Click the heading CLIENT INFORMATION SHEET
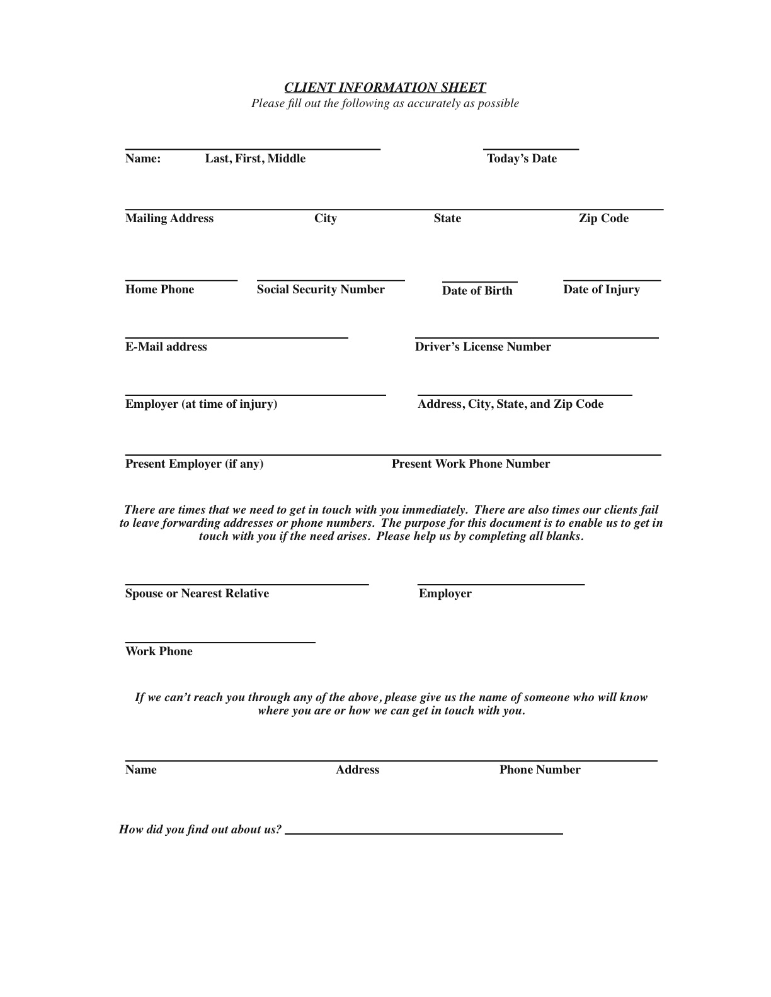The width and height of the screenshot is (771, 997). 385,87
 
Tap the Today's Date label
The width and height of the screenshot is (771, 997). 522,159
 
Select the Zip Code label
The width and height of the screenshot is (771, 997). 603,218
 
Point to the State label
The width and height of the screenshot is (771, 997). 447,218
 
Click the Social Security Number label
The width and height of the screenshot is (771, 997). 321,290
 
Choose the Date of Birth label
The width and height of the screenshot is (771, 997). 477,291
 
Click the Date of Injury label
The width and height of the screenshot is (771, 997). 601,290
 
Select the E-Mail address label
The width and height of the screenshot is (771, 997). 166,347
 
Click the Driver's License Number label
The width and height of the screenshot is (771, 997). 483,347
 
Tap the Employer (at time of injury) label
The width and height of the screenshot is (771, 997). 201,404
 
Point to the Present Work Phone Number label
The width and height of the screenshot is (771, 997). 471,464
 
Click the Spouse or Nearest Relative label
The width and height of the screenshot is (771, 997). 197,594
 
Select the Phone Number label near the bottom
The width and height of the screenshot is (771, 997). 540,770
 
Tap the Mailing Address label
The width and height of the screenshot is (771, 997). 169,218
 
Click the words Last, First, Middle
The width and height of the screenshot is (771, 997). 255,159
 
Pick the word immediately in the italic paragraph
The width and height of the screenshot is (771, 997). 434,510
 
